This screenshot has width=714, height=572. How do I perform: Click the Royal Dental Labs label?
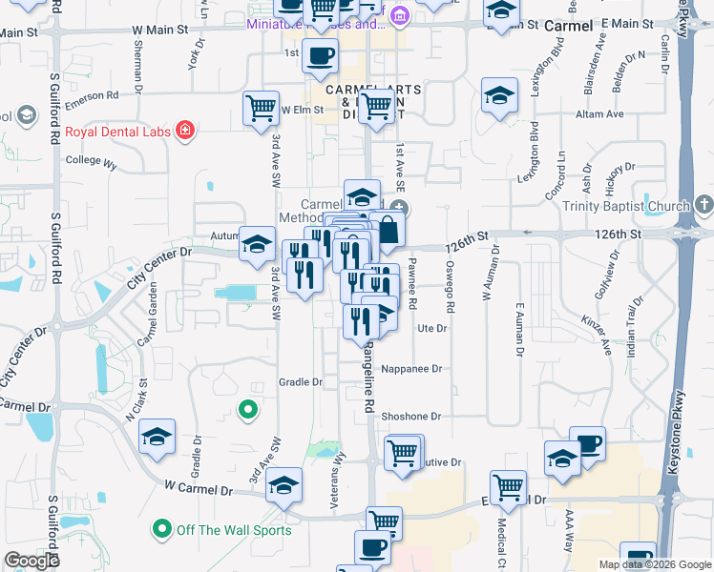point(116,132)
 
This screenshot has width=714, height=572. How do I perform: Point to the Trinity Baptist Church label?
point(639,207)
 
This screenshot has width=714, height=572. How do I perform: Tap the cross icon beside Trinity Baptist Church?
point(703,205)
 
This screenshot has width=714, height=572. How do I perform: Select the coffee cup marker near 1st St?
point(320,54)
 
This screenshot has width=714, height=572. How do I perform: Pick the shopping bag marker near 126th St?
point(388,229)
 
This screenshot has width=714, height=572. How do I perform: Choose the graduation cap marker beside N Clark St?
point(157,438)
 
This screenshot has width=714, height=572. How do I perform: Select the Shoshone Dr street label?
point(411,417)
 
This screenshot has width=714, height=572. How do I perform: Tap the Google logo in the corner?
point(31,561)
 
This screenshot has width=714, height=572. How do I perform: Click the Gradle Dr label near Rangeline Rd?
point(301,382)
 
